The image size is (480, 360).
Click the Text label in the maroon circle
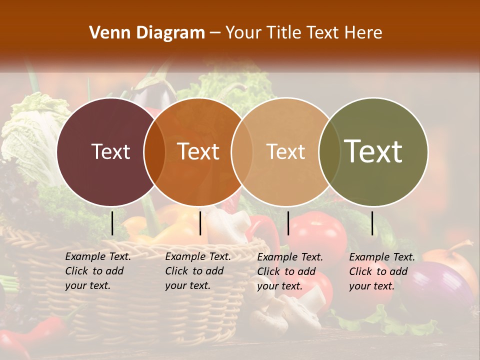[110, 151]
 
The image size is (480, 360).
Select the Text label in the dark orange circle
[198, 151]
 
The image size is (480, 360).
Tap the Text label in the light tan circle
[285, 151]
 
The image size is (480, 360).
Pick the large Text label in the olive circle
[373, 151]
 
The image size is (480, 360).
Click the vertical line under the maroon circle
[112, 223]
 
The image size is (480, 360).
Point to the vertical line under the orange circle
[200, 223]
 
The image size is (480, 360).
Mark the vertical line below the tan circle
[288, 223]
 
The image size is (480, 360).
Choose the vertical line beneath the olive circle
[372, 223]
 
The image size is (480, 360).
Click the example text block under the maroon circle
[98, 271]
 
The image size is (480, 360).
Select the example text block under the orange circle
[198, 271]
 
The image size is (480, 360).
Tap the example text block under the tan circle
[290, 271]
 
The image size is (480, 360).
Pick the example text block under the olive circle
[382, 271]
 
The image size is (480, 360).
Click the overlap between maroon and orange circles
[154, 151]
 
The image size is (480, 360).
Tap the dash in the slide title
[215, 33]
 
